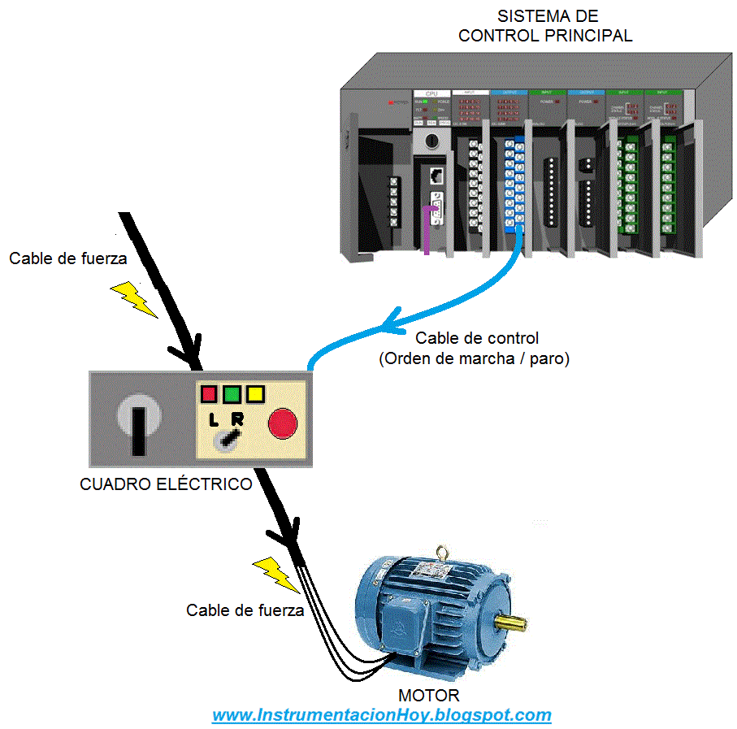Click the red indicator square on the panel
click(x=209, y=395)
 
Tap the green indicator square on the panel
click(x=232, y=395)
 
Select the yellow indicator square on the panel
click(x=256, y=395)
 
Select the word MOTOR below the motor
click(x=428, y=696)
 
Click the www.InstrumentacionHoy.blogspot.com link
click(x=382, y=716)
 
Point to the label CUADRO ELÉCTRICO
click(x=166, y=484)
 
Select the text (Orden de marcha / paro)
click(x=474, y=358)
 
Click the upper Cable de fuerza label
click(x=68, y=258)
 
